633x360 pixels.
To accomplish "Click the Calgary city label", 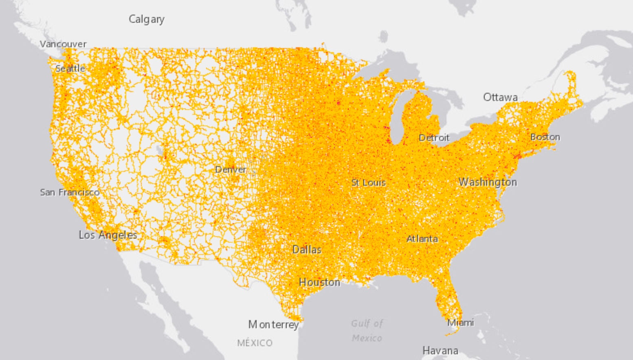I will [x=147, y=19].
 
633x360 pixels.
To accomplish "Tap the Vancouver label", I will [x=63, y=44].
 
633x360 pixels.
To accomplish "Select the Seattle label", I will [x=70, y=68].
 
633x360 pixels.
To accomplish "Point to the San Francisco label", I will [x=70, y=192].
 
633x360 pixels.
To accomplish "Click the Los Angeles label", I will [x=108, y=235].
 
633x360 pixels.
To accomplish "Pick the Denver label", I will [x=231, y=169].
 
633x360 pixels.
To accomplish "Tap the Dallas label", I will [x=307, y=250].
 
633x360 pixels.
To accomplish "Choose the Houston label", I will [x=319, y=282].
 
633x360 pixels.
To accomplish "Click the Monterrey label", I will [x=274, y=325].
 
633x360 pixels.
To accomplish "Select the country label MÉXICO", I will [x=255, y=343].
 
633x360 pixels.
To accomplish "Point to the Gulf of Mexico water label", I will [x=367, y=331].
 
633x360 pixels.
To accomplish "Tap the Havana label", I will [x=440, y=350].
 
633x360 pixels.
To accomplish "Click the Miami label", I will [x=461, y=323].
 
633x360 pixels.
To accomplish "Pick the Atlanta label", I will [x=422, y=239].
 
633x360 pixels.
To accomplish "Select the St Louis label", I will [x=369, y=182].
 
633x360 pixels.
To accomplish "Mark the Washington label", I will [x=488, y=182].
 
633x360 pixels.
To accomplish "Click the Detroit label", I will [x=434, y=138].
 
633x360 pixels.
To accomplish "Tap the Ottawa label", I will [x=500, y=97].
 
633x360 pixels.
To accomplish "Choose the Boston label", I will [x=545, y=137].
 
